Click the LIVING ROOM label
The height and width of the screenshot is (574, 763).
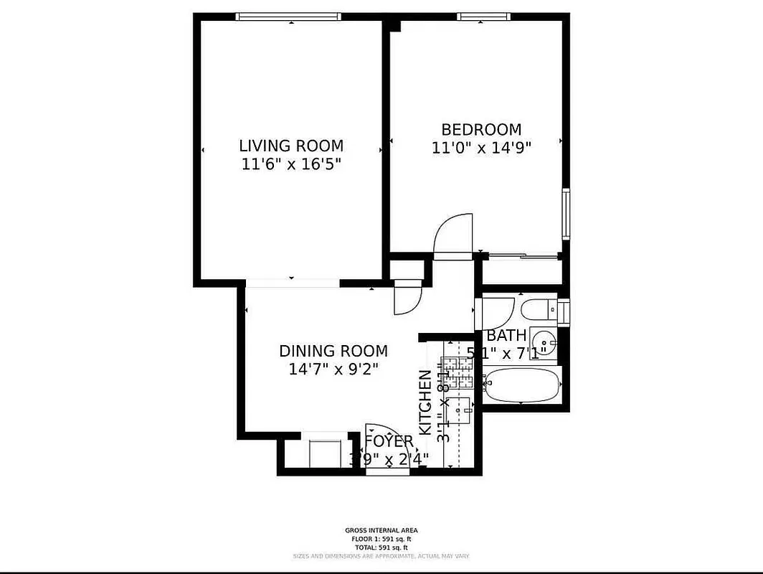coord(291,146)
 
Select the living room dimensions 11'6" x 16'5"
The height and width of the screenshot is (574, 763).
coord(291,164)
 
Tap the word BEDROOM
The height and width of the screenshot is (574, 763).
coord(481,130)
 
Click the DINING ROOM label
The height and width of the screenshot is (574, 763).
coord(333,352)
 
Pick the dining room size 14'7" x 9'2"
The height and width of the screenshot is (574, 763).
coord(333,370)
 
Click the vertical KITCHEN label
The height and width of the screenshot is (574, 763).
coord(425,402)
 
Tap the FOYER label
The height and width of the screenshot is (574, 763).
coord(389,441)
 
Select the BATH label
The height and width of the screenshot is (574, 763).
coord(506,336)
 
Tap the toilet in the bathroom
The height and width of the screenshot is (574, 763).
coord(539,311)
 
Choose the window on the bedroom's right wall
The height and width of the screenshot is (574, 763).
coord(566,213)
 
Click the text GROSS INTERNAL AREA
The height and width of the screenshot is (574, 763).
coord(381,531)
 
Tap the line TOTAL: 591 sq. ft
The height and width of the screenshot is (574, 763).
coord(381,547)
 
